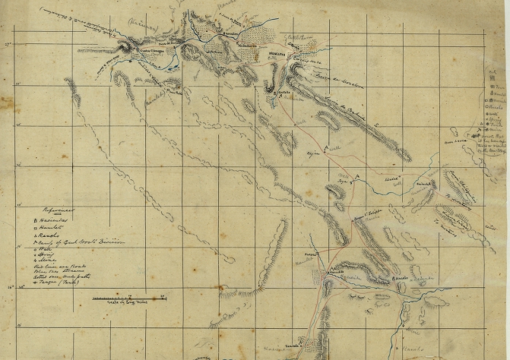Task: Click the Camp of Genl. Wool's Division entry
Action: tap(76, 244)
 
